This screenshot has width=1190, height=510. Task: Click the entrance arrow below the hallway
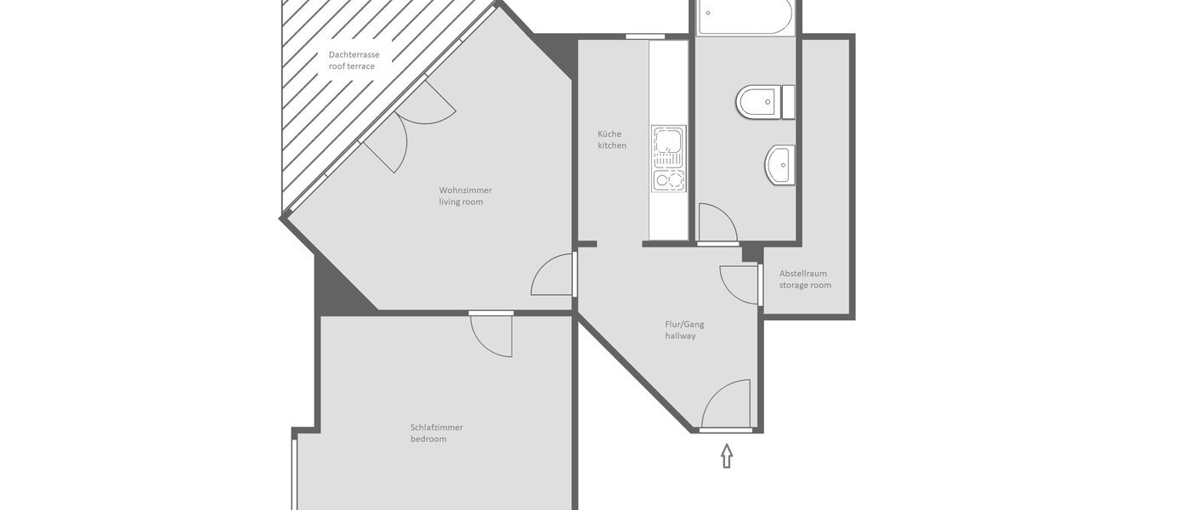727,456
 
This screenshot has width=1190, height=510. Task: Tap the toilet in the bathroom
759,103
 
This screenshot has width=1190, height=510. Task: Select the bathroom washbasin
780,165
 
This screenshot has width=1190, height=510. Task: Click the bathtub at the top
745,16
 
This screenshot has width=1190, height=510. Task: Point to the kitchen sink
668,146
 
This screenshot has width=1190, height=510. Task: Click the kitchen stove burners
668,179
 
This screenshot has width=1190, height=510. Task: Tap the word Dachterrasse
354,54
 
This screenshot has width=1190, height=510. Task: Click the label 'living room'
461,201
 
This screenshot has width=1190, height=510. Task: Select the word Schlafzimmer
436,427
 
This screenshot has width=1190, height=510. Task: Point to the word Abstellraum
803,273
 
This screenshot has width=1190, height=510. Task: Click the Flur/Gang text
684,324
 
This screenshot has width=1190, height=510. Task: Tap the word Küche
609,133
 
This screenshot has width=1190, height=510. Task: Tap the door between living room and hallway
552,275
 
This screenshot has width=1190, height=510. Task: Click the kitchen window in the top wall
645,37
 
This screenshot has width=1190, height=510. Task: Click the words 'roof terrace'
352,66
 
